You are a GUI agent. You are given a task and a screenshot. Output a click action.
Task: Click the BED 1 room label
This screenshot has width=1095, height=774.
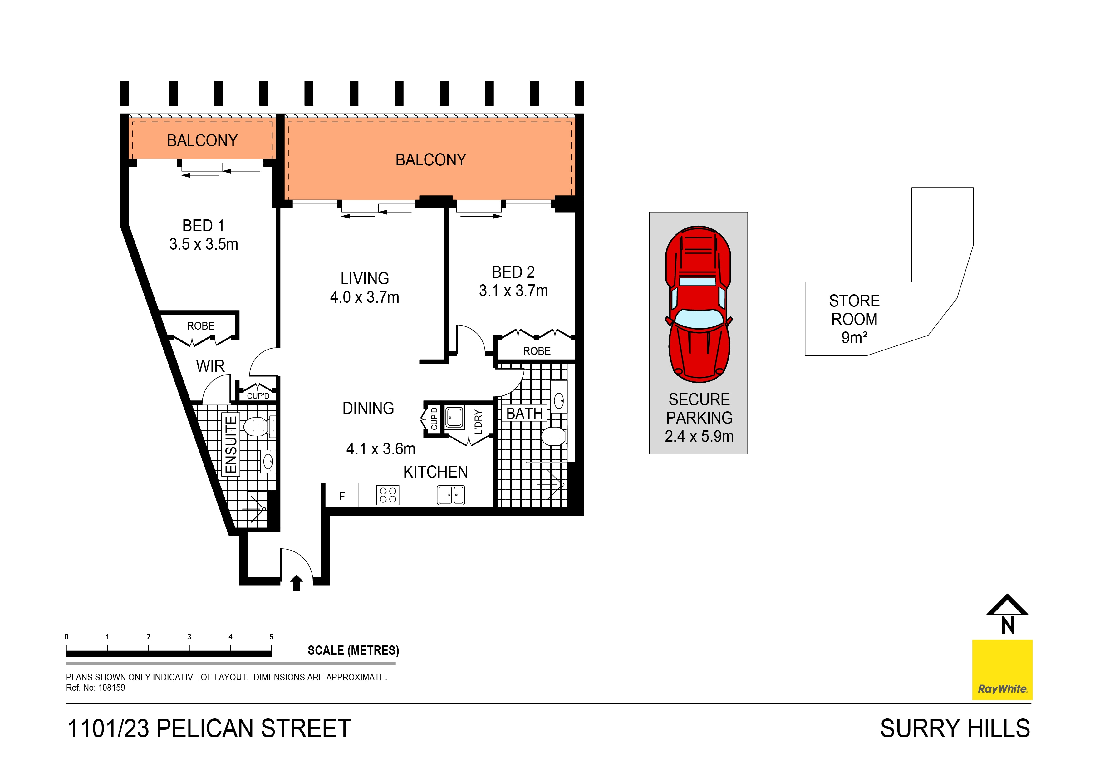tap(203, 226)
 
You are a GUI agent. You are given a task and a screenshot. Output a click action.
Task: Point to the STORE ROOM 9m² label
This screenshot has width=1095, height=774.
tap(854, 319)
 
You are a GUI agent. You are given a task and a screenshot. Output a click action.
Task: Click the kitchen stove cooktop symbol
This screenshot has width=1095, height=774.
tap(387, 495)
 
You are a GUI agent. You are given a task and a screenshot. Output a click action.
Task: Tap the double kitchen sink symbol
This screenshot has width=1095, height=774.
tap(451, 495)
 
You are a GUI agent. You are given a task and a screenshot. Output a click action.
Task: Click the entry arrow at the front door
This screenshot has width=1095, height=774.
tap(297, 583)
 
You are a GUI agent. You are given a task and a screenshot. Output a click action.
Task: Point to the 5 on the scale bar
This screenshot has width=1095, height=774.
tap(271, 637)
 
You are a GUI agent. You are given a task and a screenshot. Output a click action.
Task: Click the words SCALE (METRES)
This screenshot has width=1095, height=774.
tap(353, 650)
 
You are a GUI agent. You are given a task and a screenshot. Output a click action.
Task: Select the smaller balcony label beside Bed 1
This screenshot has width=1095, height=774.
tap(202, 140)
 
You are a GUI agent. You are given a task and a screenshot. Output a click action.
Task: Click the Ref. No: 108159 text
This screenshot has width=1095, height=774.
tap(96, 688)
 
